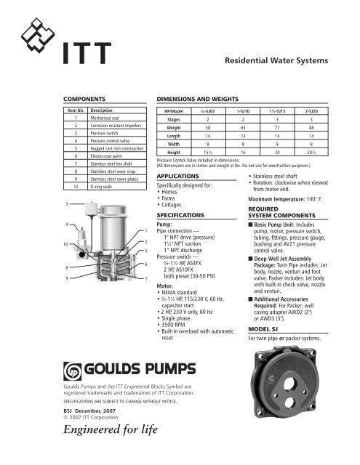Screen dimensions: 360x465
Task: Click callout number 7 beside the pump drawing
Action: pyautogui.click(x=146, y=278)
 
